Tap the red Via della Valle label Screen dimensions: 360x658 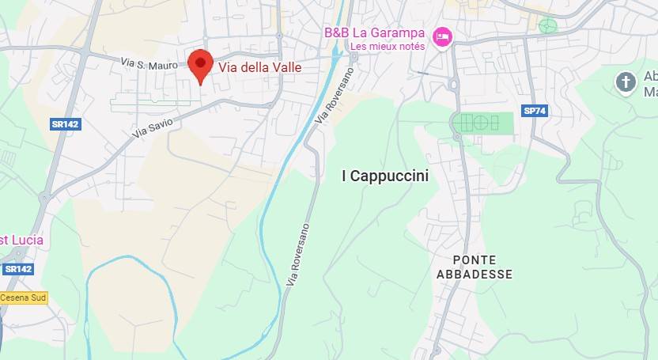[x=259, y=68]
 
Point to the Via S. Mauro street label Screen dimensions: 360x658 [x=143, y=61]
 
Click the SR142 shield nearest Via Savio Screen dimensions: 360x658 [x=66, y=124]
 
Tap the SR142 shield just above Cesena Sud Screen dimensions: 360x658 [x=18, y=269]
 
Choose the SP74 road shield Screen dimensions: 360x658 [x=534, y=111]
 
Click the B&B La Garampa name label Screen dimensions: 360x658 [x=375, y=33]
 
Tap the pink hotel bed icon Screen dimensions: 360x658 [x=441, y=36]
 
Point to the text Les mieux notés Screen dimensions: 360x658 [x=388, y=47]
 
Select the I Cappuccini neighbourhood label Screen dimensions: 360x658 [x=384, y=176]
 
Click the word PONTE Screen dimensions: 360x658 [x=475, y=260]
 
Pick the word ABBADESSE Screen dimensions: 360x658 [x=475, y=275]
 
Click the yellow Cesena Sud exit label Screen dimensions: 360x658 [x=24, y=297]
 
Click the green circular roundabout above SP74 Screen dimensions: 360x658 [x=547, y=26]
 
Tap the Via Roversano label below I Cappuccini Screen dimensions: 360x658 [x=299, y=256]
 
